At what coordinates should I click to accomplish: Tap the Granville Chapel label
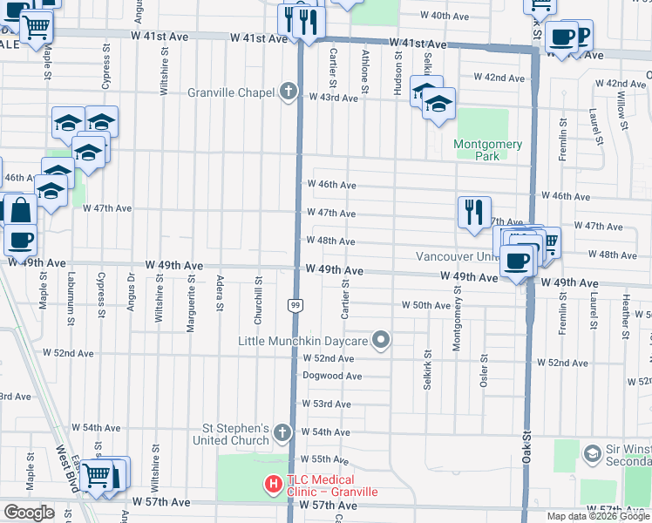(x=233, y=92)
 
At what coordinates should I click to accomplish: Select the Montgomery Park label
(x=487, y=150)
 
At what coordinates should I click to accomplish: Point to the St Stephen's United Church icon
(x=282, y=432)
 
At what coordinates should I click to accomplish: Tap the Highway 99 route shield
(x=296, y=304)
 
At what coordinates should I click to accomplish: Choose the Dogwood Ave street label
(x=331, y=376)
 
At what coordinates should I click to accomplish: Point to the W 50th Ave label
(x=425, y=305)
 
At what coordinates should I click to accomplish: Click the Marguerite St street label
(x=190, y=294)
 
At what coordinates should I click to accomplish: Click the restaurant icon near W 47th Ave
(x=473, y=212)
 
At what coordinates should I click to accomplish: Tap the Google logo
(x=29, y=513)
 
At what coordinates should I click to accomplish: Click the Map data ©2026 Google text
(x=597, y=516)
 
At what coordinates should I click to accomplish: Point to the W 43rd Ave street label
(x=333, y=98)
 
